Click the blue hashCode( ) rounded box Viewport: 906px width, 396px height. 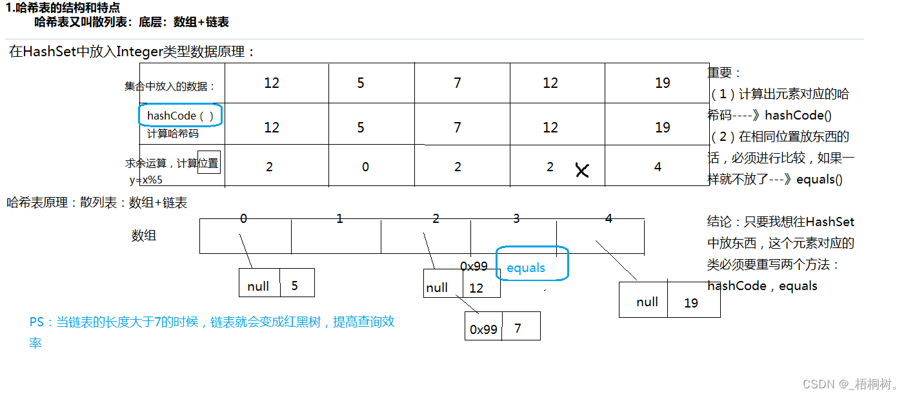click(181, 116)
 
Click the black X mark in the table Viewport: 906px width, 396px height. click(582, 171)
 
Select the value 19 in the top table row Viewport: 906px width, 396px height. click(662, 83)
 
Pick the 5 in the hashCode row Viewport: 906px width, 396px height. click(361, 127)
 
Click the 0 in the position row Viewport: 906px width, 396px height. click(365, 167)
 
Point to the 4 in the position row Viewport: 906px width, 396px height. click(658, 167)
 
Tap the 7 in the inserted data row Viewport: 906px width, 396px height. click(458, 83)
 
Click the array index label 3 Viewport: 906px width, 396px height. click(516, 218)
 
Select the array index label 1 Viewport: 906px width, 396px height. click(339, 218)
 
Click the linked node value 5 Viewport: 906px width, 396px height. click(295, 286)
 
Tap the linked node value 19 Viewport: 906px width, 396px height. click(691, 303)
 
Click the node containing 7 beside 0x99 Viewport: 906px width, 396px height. click(518, 328)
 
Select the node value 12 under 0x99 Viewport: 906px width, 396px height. click(476, 288)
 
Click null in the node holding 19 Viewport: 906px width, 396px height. click(647, 302)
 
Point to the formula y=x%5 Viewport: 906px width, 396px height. click(146, 180)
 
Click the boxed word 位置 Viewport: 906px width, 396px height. click(208, 163)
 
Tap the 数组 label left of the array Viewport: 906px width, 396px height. click(144, 236)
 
